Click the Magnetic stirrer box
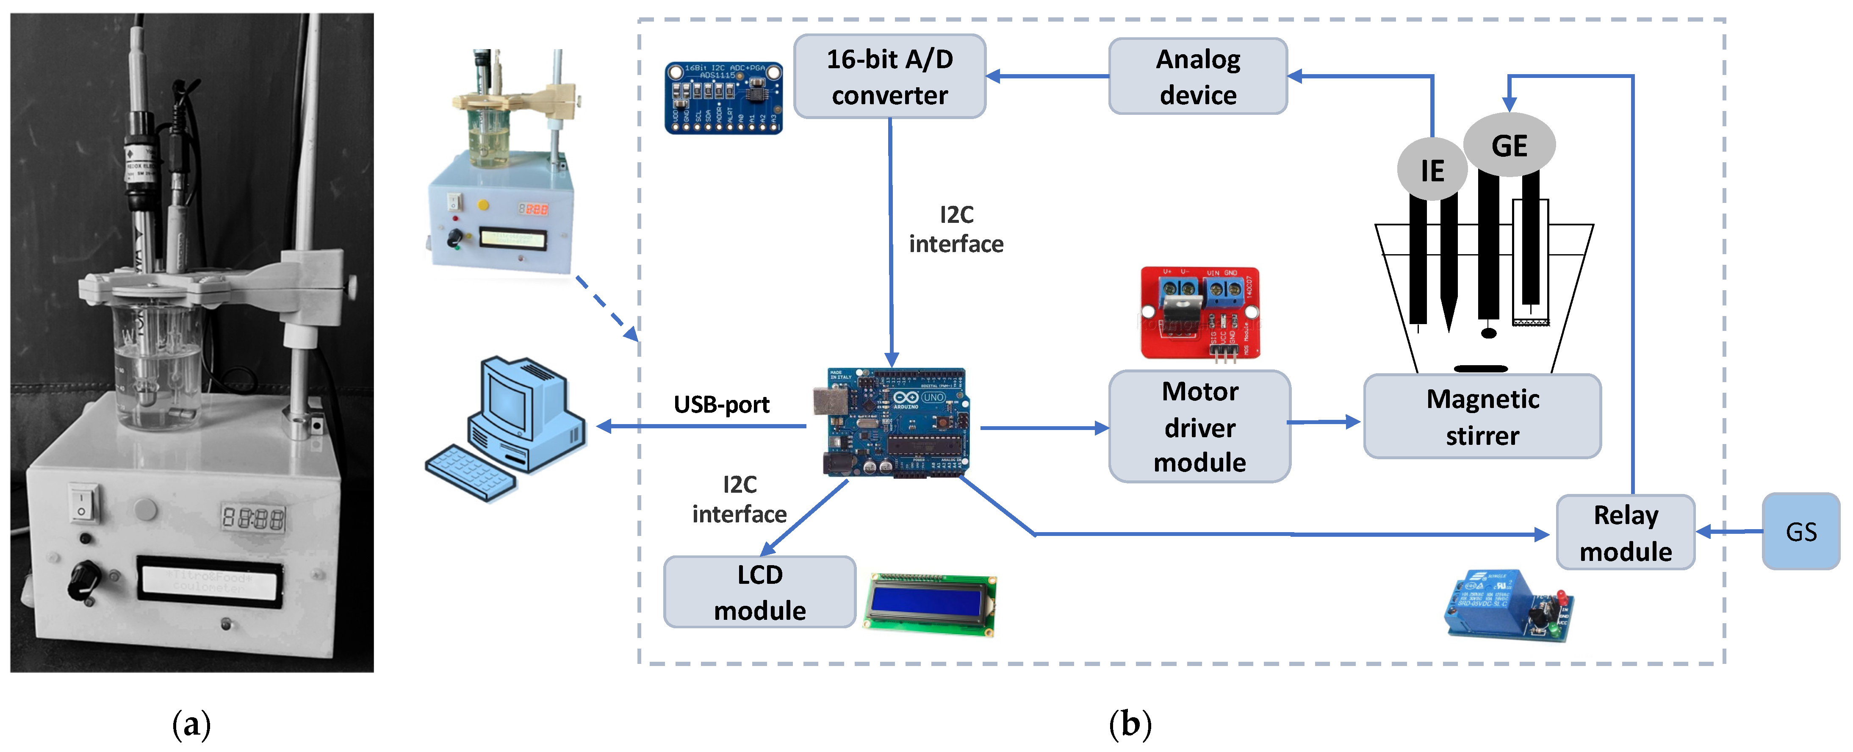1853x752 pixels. tap(1482, 416)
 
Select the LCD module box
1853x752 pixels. tap(759, 592)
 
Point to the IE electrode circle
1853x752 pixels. tap(1432, 171)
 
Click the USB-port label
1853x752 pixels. tap(721, 405)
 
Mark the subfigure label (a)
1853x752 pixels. tap(191, 724)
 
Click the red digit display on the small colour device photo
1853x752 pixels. tap(534, 209)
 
